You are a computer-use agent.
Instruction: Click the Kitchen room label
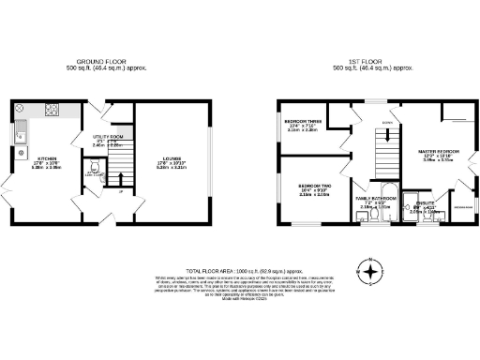coord(47,159)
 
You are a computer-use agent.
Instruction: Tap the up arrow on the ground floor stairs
coord(120,191)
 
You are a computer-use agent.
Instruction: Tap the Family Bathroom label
coord(374,201)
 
